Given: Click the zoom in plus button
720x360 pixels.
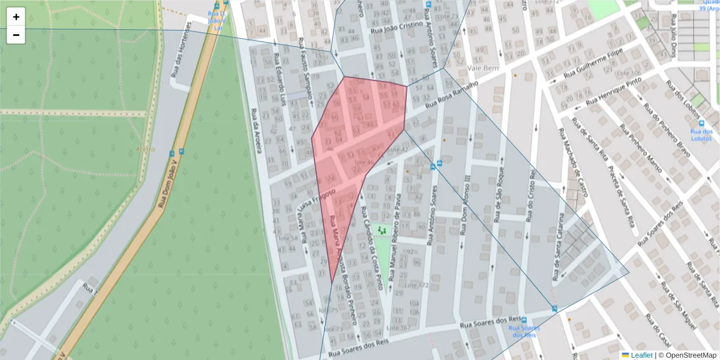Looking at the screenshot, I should (16, 17).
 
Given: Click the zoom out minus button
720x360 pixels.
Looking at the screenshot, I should (16, 35).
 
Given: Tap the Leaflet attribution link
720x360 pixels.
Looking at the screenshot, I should (641, 355).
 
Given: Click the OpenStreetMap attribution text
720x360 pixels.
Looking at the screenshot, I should (687, 355).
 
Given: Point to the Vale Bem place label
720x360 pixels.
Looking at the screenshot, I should (482, 68).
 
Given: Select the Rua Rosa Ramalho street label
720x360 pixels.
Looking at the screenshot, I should (451, 96).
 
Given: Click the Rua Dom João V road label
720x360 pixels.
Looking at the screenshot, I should (169, 179).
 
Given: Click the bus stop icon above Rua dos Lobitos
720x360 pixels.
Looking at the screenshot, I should (701, 122).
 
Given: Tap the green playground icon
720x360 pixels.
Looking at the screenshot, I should (382, 229).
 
